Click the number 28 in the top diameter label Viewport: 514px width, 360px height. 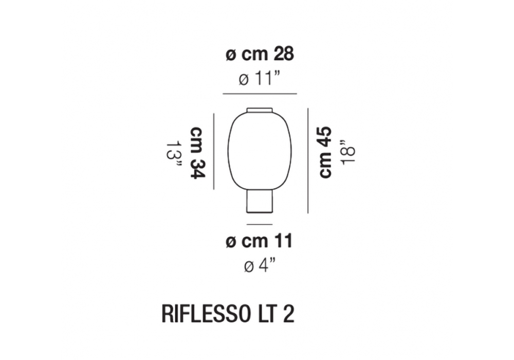(284, 54)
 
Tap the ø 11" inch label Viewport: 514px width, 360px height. (259, 79)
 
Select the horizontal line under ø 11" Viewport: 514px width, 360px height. (260, 94)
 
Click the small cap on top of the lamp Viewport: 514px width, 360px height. (260, 110)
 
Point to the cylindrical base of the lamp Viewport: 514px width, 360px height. (260, 201)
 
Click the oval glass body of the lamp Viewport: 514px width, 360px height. (260, 151)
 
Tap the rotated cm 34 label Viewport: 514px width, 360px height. (198, 152)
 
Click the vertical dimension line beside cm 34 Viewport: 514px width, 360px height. (214, 151)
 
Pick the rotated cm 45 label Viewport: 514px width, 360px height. (325, 152)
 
